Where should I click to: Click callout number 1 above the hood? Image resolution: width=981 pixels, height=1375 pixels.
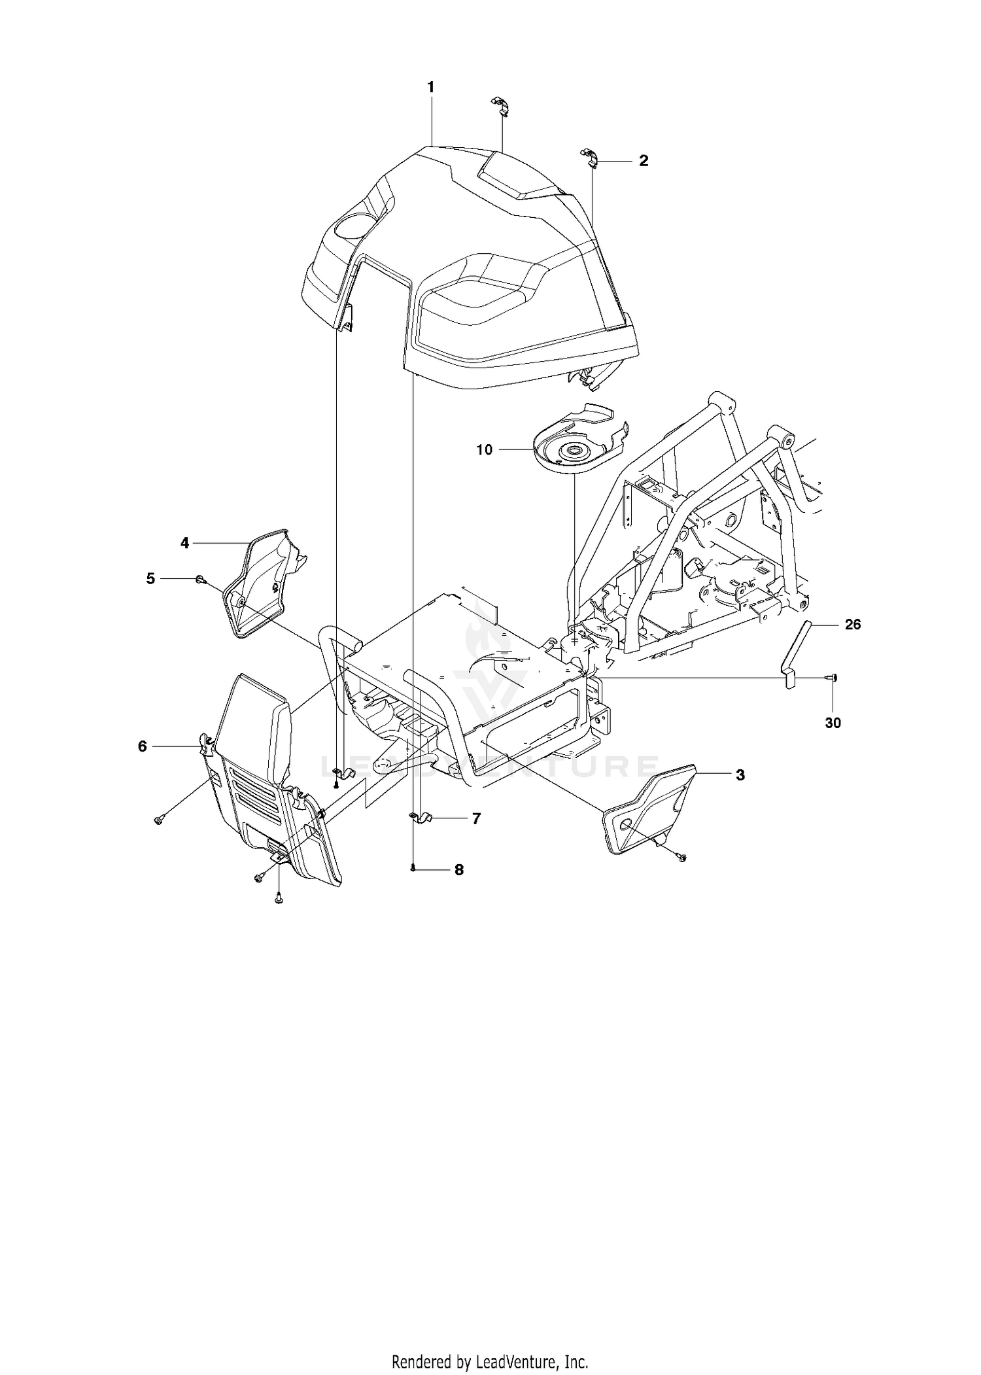click(x=431, y=87)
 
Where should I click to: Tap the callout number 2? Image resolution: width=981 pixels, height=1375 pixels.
click(x=644, y=161)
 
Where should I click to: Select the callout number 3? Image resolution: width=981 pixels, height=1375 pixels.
click(x=740, y=775)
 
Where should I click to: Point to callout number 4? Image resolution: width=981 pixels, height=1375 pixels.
click(x=185, y=543)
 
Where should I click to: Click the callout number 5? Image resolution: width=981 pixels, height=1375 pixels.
click(x=151, y=579)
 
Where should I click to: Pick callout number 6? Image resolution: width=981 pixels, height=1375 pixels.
click(x=143, y=746)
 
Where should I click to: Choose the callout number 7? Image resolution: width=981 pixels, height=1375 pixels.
click(x=476, y=818)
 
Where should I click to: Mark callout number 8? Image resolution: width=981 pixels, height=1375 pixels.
click(x=459, y=870)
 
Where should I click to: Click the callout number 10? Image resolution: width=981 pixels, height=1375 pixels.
click(x=485, y=450)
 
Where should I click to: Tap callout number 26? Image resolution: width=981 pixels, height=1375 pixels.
click(x=853, y=625)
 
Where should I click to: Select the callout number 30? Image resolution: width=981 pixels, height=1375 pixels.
click(x=833, y=723)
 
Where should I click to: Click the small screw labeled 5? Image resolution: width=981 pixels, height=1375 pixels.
click(x=201, y=579)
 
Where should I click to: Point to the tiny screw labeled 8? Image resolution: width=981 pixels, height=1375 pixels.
click(x=413, y=869)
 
